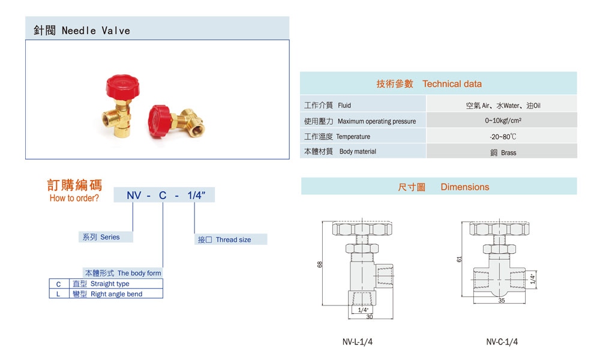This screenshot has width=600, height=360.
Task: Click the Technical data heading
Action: (438, 84)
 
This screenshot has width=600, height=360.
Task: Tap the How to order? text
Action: (74, 199)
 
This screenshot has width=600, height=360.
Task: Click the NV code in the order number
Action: (133, 195)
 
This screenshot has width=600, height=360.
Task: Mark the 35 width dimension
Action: (502, 300)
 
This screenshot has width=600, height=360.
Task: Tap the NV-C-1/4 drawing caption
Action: (502, 342)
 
